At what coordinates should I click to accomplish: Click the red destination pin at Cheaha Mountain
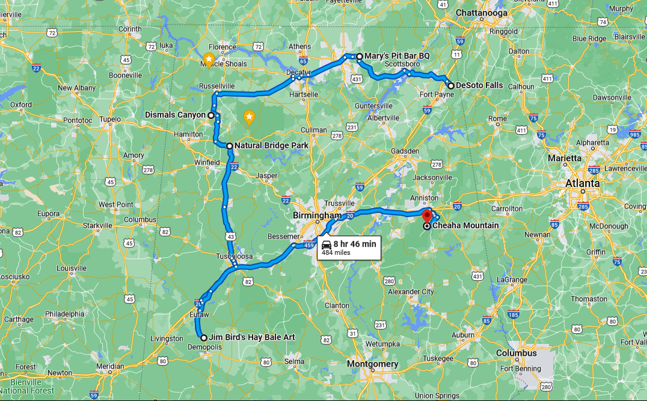coord(428,215)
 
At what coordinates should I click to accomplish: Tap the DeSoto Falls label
coord(479,85)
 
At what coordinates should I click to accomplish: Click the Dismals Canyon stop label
coord(176,115)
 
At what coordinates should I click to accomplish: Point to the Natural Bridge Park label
coord(271,145)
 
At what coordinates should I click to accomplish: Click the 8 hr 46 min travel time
coord(355,243)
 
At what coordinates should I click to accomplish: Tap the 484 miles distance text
coord(336,253)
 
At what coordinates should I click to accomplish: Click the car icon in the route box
coord(325,244)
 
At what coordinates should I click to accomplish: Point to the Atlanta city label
coord(582,183)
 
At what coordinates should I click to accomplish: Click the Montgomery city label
coord(372,364)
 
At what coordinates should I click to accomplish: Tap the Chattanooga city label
coord(481,13)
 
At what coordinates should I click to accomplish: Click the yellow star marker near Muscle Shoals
coord(208,59)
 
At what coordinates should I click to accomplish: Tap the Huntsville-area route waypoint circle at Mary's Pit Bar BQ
coord(359,57)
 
